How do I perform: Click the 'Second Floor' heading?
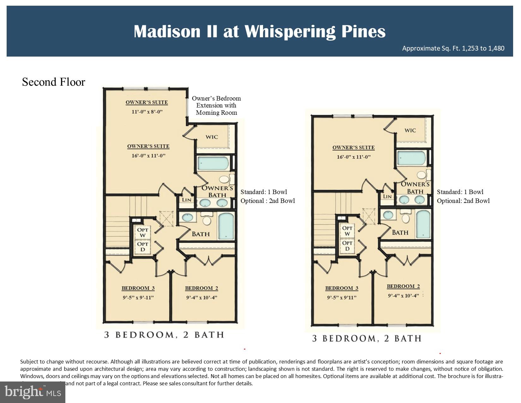(x=53, y=82)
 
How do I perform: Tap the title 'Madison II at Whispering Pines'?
(x=260, y=31)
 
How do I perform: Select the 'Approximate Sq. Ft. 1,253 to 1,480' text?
(x=453, y=48)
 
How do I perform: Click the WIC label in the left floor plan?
(x=212, y=137)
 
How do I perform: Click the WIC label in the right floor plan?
(x=410, y=130)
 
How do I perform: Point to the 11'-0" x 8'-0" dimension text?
(x=147, y=112)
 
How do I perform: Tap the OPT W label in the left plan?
(x=143, y=232)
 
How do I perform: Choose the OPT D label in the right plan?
(x=347, y=246)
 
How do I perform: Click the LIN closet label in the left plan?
(x=187, y=200)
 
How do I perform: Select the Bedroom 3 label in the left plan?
(x=138, y=288)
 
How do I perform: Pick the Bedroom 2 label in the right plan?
(x=403, y=286)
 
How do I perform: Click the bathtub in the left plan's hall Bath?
(x=226, y=226)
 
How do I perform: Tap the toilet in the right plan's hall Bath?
(x=405, y=218)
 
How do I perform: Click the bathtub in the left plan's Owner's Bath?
(x=213, y=163)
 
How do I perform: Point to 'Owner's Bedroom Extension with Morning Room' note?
(x=216, y=106)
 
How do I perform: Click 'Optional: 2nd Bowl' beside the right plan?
(x=463, y=201)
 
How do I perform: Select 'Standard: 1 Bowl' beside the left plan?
(x=264, y=192)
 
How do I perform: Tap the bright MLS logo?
(x=33, y=392)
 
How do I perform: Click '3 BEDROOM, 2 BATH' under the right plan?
(x=367, y=339)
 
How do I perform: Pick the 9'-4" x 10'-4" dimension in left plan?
(x=201, y=298)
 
